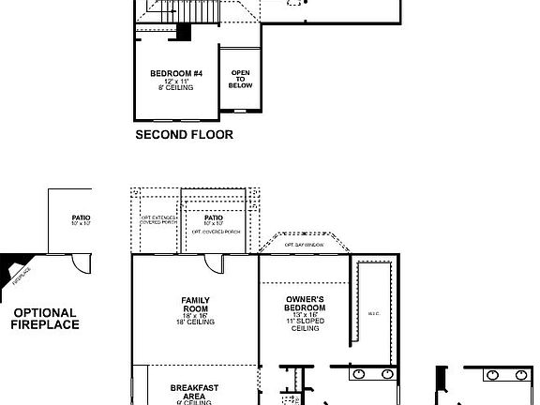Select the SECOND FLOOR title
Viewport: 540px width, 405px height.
[185, 135]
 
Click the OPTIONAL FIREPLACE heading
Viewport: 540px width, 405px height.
[45, 320]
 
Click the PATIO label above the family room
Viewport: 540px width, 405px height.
[214, 217]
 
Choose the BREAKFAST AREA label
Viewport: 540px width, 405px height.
[195, 392]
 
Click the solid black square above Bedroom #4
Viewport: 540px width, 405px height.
[184, 31]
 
